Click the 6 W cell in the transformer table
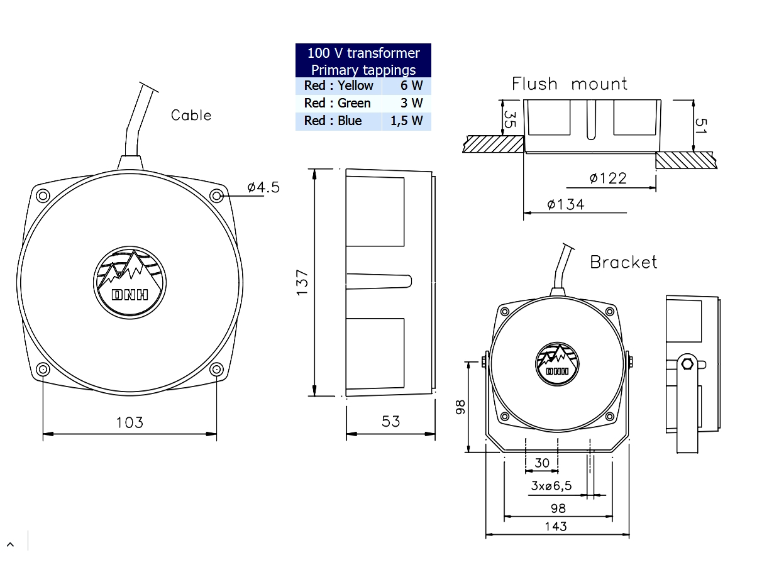click(406, 85)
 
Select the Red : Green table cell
click(338, 103)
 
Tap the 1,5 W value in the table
click(406, 121)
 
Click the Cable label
click(191, 115)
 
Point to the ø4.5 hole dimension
click(263, 187)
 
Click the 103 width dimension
click(130, 422)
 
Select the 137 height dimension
click(302, 282)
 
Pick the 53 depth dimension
click(390, 422)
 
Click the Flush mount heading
click(569, 84)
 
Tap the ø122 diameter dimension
click(608, 178)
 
